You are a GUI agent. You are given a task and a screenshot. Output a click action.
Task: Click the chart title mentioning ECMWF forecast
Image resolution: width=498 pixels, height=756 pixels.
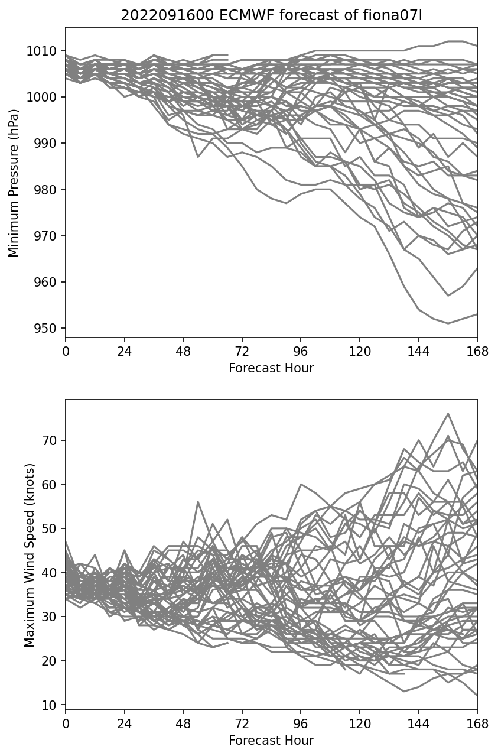click(271, 15)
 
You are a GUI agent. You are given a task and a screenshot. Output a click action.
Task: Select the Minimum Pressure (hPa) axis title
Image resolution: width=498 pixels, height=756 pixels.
click(14, 183)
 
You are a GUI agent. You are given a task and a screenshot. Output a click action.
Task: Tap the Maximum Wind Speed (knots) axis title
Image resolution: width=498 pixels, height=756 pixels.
click(30, 554)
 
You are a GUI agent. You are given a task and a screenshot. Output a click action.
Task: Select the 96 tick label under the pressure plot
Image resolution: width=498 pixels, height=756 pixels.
click(301, 351)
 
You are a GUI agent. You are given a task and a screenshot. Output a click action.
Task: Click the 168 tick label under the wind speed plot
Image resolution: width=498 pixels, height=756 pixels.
click(477, 723)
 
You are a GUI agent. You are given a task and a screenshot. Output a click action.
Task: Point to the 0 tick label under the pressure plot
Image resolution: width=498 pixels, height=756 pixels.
click(66, 351)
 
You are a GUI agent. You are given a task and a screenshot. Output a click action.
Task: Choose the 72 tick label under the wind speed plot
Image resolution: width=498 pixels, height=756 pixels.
click(242, 723)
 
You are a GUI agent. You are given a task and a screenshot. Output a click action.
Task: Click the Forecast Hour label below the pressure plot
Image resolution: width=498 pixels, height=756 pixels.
click(271, 368)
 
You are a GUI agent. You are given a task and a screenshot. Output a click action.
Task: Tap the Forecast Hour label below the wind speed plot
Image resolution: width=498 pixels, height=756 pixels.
click(271, 741)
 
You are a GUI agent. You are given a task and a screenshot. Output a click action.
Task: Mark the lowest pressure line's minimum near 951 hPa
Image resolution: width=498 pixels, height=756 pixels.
click(448, 323)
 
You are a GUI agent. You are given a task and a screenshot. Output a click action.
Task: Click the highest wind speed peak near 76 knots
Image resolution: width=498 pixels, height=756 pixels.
click(448, 414)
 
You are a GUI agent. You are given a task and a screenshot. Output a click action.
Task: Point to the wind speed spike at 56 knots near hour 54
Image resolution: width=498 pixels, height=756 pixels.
click(198, 502)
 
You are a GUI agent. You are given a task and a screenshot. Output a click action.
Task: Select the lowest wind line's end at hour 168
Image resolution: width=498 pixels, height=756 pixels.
click(477, 696)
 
